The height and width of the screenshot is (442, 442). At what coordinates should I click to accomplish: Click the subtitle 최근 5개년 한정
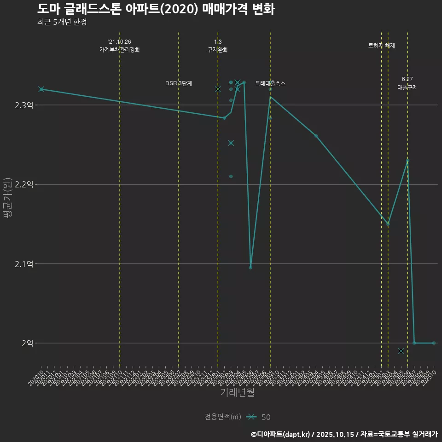(62, 22)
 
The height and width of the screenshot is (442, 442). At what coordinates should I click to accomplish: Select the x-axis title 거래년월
(237, 393)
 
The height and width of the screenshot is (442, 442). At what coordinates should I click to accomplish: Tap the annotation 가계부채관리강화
(120, 49)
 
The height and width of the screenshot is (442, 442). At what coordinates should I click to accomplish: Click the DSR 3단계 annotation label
(179, 83)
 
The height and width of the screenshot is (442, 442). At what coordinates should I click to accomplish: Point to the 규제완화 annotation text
(218, 50)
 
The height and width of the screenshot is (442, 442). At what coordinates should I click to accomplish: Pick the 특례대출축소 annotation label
(270, 83)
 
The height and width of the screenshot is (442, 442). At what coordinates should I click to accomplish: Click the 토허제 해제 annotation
(382, 46)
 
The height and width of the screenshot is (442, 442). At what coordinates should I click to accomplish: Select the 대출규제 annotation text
(407, 87)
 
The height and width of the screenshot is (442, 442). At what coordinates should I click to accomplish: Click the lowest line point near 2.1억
(250, 268)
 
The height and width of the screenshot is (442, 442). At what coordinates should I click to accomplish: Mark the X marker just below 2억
(401, 351)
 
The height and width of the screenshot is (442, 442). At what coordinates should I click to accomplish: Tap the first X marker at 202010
(41, 89)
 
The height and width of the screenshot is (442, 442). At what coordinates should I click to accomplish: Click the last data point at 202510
(434, 343)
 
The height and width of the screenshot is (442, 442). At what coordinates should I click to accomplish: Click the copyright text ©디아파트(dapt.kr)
(281, 434)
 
